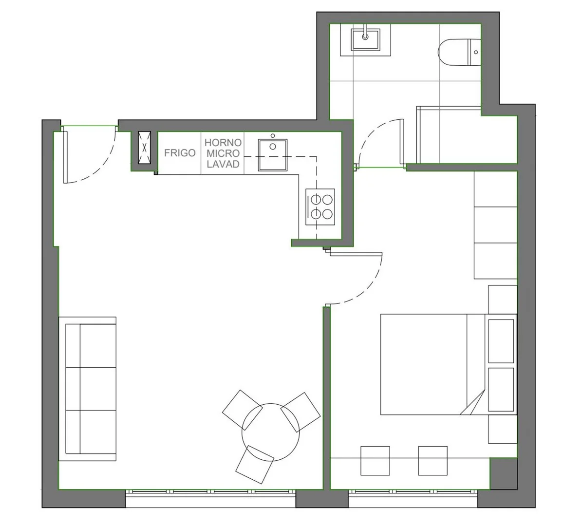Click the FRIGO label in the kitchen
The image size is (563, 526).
(180, 153)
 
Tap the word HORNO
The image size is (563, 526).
(223, 143)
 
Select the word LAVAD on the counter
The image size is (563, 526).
(223, 164)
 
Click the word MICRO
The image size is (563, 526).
(223, 153)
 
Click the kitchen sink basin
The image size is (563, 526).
(273, 155)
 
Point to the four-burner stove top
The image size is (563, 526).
(320, 207)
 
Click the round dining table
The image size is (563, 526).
(271, 432)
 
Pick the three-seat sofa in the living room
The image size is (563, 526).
(87, 389)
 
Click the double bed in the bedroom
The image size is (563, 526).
(432, 364)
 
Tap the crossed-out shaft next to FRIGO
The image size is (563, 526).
(144, 148)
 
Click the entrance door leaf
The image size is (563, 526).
(65, 157)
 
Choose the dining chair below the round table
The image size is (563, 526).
(255, 464)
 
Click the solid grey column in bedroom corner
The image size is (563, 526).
(504, 473)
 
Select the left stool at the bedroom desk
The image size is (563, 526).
(375, 461)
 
